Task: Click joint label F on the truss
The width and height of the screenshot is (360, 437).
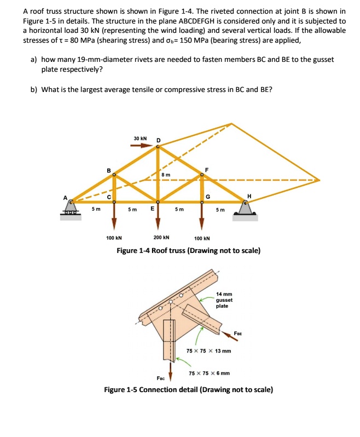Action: pyautogui.click(x=207, y=169)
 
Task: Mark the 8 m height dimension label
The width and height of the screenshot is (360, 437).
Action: pyautogui.click(x=165, y=175)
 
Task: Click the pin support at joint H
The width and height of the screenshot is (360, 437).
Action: pyautogui.click(x=245, y=208)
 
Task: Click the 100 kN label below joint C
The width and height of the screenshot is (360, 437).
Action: pyautogui.click(x=114, y=238)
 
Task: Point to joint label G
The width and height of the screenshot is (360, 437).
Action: pyautogui.click(x=207, y=197)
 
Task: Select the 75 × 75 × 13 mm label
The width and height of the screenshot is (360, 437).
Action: pyautogui.click(x=208, y=351)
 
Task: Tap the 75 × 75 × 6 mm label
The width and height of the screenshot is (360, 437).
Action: pyautogui.click(x=208, y=373)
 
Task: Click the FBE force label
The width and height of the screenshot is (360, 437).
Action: pyautogui.click(x=238, y=333)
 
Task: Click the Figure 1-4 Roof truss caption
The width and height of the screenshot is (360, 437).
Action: pyautogui.click(x=189, y=251)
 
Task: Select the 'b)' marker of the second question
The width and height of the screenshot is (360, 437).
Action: pyautogui.click(x=34, y=89)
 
